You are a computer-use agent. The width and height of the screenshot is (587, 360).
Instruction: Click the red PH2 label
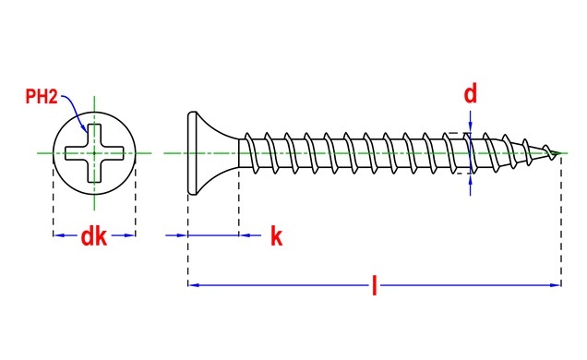42,97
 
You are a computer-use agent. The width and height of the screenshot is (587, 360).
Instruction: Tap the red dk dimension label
93,236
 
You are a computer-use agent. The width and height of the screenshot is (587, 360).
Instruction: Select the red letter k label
276,236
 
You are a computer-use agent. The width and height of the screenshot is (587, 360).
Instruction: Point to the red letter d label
470,94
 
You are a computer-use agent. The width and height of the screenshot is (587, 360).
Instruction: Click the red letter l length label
375,285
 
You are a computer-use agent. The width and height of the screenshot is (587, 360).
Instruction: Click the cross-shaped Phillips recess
94,153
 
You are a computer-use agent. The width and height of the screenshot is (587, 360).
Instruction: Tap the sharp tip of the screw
560,152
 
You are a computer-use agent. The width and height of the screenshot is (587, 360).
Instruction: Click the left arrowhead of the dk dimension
59,235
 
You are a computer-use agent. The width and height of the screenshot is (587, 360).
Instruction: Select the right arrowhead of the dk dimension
129,235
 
